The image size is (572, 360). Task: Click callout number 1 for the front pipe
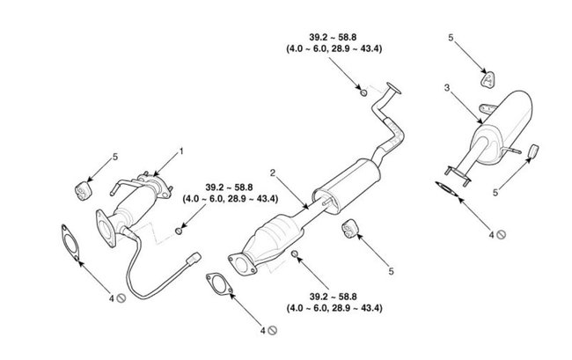[x=181, y=151]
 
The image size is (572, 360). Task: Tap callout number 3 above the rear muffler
[x=447, y=89]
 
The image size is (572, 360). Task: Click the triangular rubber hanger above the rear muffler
[x=487, y=80]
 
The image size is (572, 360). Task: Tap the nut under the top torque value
[x=364, y=91]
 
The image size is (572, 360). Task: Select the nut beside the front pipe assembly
[x=180, y=230]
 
